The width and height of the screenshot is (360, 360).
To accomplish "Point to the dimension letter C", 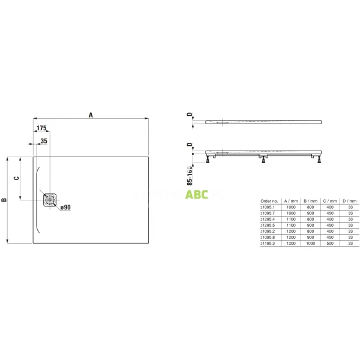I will [17, 178].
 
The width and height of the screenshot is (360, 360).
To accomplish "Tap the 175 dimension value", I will [41, 129].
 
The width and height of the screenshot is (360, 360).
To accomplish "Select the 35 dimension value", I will [43, 141].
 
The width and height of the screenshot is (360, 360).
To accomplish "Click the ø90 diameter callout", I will [65, 207].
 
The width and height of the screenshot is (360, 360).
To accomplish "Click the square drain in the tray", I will [50, 199].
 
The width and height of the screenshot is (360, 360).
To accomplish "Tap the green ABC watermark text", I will [196, 194].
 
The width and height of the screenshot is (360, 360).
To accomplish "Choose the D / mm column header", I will [350, 201].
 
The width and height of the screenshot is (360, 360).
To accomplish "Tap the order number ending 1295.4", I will [268, 219].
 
